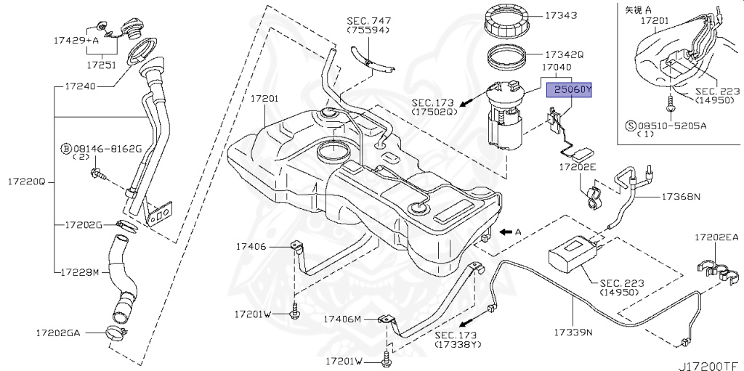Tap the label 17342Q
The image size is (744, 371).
click(564, 54)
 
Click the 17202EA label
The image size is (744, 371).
click(716, 237)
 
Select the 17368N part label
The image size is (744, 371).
click(681, 197)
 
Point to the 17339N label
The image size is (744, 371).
click(573, 333)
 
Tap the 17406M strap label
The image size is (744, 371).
click(342, 319)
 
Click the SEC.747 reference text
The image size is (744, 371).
click(368, 21)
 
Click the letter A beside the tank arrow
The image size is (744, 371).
click(518, 232)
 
